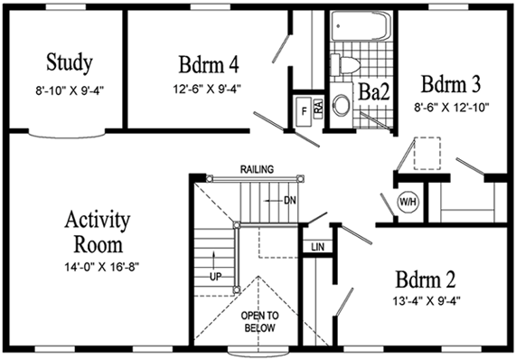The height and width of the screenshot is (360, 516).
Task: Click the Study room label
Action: [69, 63]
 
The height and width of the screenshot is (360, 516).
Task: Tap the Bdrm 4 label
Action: [209, 65]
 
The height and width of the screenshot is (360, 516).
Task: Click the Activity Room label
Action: [98, 232]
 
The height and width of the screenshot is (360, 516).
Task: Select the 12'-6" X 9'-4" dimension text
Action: [210, 89]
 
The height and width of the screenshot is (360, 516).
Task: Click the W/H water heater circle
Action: [408, 201]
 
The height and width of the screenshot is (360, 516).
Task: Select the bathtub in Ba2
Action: [358, 26]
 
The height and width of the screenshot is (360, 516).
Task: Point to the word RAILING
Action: [258, 169]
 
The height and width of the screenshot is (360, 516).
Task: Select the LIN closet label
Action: [316, 246]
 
